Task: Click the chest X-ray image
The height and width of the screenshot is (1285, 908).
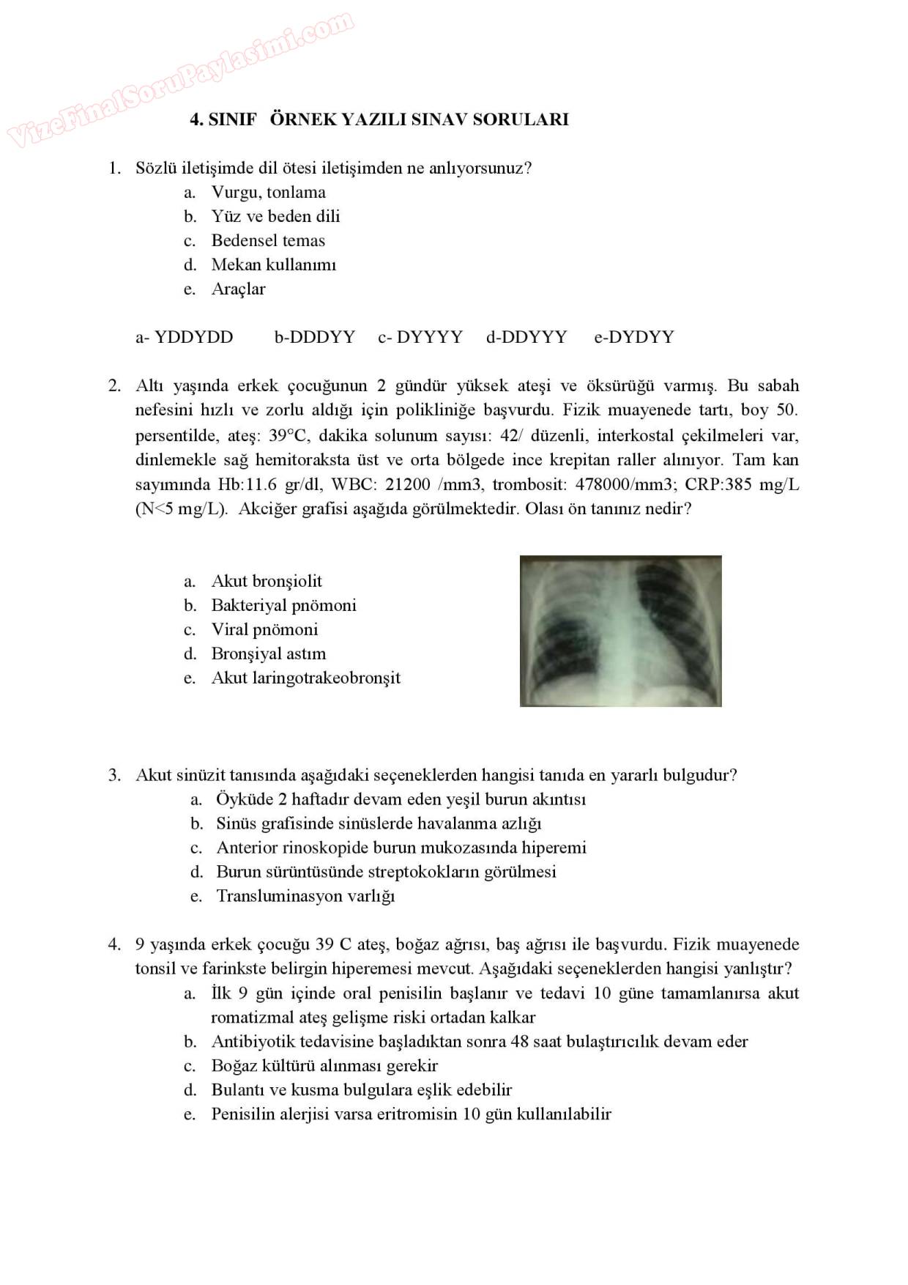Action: [x=620, y=631]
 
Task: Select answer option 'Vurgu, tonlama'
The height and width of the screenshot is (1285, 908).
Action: [x=268, y=193]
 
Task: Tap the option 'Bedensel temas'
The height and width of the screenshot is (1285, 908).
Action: [x=268, y=241]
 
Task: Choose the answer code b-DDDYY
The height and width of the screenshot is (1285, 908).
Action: [x=314, y=337]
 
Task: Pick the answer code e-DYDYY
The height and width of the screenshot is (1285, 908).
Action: [x=633, y=337]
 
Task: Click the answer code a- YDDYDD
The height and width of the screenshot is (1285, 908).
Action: [x=185, y=337]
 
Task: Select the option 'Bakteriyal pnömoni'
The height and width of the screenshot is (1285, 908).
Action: [x=283, y=605]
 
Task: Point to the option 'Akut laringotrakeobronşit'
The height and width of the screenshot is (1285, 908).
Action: [x=305, y=678]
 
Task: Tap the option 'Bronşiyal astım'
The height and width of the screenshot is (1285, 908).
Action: [x=268, y=653]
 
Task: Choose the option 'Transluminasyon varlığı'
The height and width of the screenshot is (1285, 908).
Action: [x=305, y=896]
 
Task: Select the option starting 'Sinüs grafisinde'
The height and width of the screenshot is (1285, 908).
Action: [x=379, y=823]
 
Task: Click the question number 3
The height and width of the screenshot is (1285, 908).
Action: [x=114, y=775]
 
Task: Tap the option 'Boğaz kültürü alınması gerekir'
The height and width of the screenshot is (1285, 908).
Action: [x=324, y=1066]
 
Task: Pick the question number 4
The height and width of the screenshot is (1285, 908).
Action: [x=114, y=944]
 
